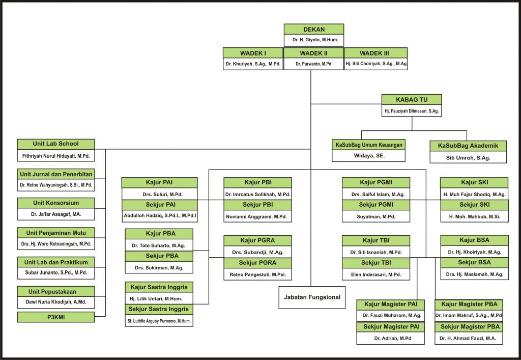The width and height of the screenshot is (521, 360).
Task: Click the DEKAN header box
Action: pyautogui.click(x=313, y=29)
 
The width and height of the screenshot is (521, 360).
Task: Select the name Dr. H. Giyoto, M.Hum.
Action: pyautogui.click(x=315, y=40)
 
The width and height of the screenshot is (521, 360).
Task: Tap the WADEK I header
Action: pyautogui.click(x=253, y=53)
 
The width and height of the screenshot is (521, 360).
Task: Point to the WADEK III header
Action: pyautogui.click(x=375, y=53)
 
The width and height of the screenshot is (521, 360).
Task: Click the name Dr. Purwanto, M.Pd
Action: pyautogui.click(x=313, y=64)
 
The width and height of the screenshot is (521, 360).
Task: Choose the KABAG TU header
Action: pyautogui.click(x=411, y=100)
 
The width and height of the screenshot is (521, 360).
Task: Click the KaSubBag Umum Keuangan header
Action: pyautogui.click(x=368, y=145)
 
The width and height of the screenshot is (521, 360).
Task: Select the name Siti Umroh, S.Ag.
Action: pyautogui.click(x=468, y=158)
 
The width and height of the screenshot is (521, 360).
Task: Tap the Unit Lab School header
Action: pyautogui.click(x=56, y=144)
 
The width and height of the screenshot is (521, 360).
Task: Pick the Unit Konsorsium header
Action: pyautogui.click(x=56, y=203)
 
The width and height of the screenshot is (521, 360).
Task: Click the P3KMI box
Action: pyautogui.click(x=56, y=317)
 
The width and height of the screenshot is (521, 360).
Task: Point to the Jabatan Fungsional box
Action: pyautogui.click(x=312, y=297)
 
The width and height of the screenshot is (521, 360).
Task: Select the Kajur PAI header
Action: pyautogui.click(x=159, y=183)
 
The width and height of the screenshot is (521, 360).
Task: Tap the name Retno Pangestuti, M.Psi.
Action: pyautogui.click(x=257, y=274)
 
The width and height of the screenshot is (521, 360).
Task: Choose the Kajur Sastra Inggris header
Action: pyautogui.click(x=159, y=287)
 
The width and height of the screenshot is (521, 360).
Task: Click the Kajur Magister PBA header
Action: pyautogui.click(x=469, y=304)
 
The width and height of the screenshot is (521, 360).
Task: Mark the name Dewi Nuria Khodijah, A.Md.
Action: pyautogui.click(x=56, y=302)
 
